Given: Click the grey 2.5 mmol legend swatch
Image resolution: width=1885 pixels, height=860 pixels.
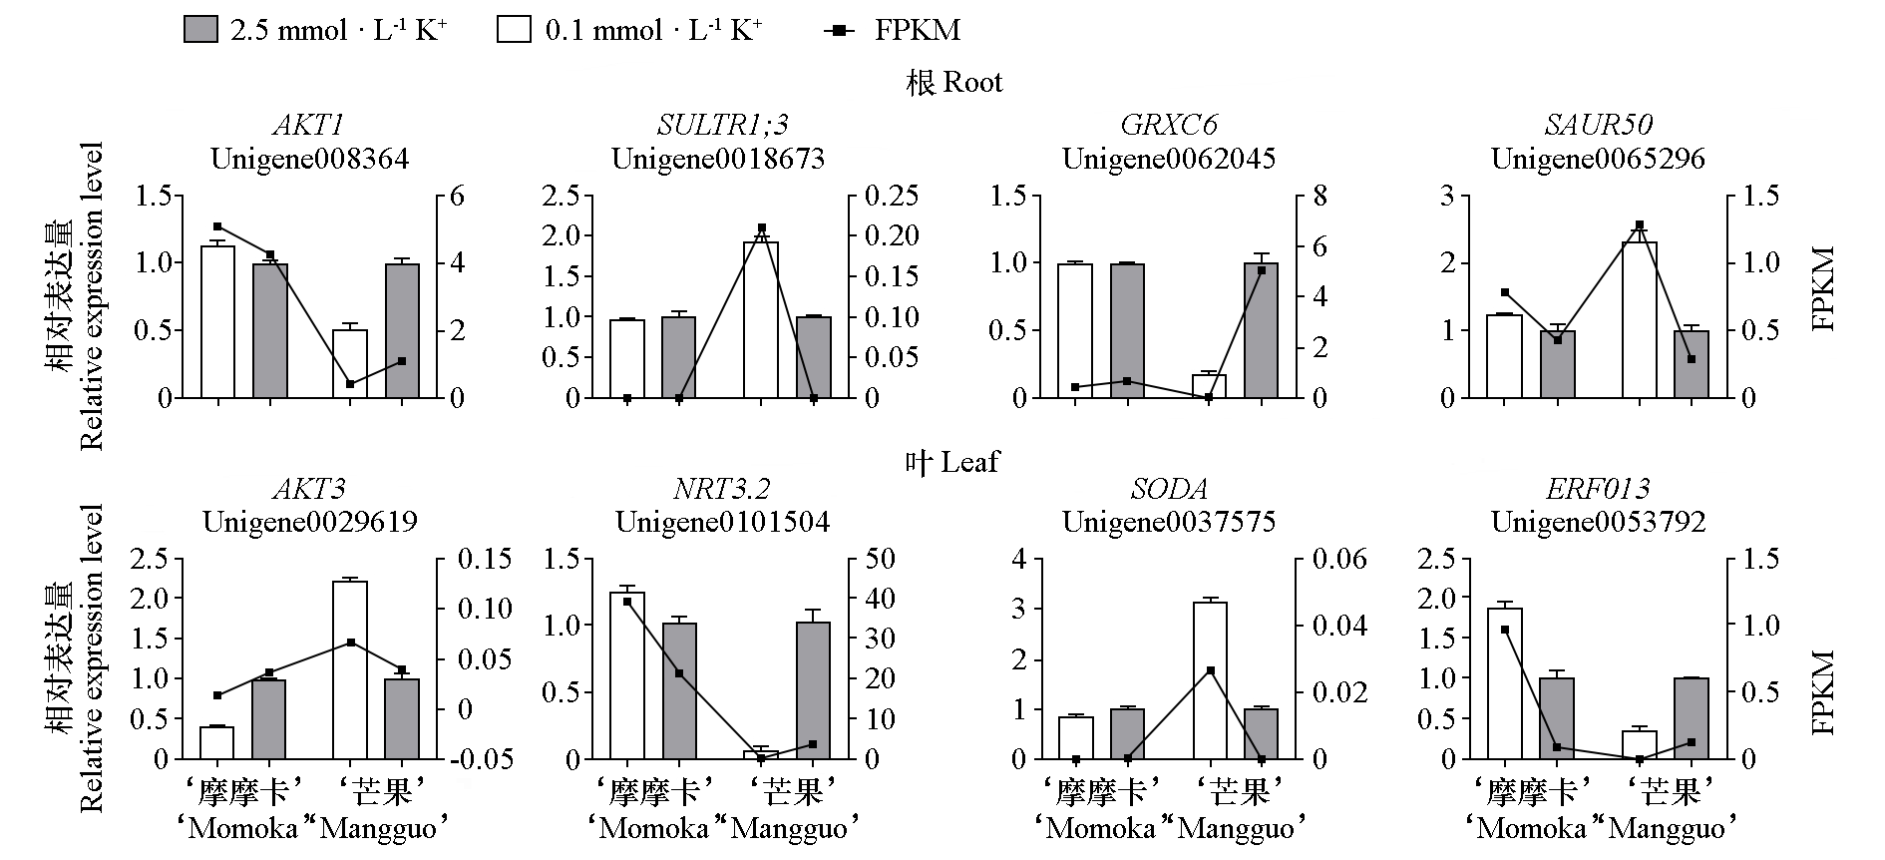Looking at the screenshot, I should (x=200, y=29).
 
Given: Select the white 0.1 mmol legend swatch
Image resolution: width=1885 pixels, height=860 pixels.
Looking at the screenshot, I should (x=514, y=29).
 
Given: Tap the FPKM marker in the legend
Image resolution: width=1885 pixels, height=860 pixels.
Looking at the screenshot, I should (x=840, y=30).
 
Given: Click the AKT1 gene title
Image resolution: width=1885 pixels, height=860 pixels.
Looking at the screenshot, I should (x=309, y=126).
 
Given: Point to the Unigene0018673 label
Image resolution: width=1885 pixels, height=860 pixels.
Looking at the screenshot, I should (x=718, y=159).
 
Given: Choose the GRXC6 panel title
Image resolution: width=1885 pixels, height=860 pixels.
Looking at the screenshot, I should (x=1168, y=126).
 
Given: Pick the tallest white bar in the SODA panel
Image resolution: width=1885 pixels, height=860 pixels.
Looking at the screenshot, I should (x=1209, y=680).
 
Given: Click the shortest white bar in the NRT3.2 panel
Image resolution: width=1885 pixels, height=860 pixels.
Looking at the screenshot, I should (x=761, y=755).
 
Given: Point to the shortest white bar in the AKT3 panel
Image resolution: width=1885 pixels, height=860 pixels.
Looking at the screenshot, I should (x=216, y=742).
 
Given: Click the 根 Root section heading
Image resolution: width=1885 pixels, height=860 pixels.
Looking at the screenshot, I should (x=953, y=82).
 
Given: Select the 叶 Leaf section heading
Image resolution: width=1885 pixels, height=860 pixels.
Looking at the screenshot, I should (x=951, y=462).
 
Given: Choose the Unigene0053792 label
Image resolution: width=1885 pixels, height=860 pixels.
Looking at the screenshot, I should (x=1598, y=522).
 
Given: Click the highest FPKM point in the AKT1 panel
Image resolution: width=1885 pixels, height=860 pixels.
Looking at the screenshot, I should (x=217, y=226).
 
